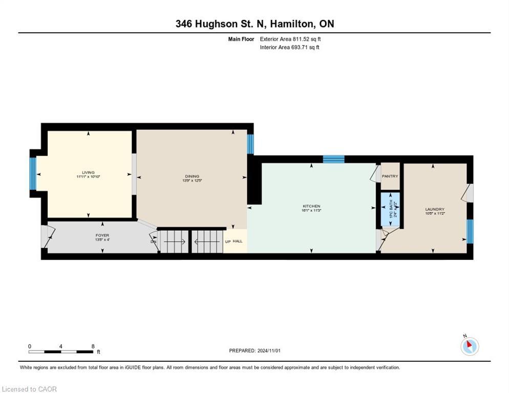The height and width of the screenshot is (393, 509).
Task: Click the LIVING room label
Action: pos(88,172)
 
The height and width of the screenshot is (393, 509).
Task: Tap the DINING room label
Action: pos(192,177)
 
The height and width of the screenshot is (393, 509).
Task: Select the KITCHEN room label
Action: pos(311,206)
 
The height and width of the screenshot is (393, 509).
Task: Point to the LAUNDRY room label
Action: pos(434,209)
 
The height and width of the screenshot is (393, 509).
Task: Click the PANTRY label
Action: pos(390,177)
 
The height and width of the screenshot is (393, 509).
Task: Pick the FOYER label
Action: pos(102,236)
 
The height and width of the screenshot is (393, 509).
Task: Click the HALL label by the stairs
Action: pos(238,241)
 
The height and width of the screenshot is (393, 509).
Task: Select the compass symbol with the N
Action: pos(469,346)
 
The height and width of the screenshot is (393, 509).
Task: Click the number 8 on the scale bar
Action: pos(93,346)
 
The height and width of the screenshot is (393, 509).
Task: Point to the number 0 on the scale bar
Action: pos(30,346)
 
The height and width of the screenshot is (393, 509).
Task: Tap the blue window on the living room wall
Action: pos(33,173)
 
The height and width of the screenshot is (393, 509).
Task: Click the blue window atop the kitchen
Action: pos(333,159)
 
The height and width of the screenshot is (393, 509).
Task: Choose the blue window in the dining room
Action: pos(250,144)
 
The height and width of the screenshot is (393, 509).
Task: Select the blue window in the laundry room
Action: pos(470,231)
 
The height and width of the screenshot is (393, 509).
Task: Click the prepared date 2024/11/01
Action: pos(255,351)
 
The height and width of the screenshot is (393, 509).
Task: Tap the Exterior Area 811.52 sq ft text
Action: pos(290,39)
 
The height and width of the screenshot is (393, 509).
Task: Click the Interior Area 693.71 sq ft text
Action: pos(289,48)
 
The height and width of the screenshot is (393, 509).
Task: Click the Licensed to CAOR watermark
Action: pos(30,389)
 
